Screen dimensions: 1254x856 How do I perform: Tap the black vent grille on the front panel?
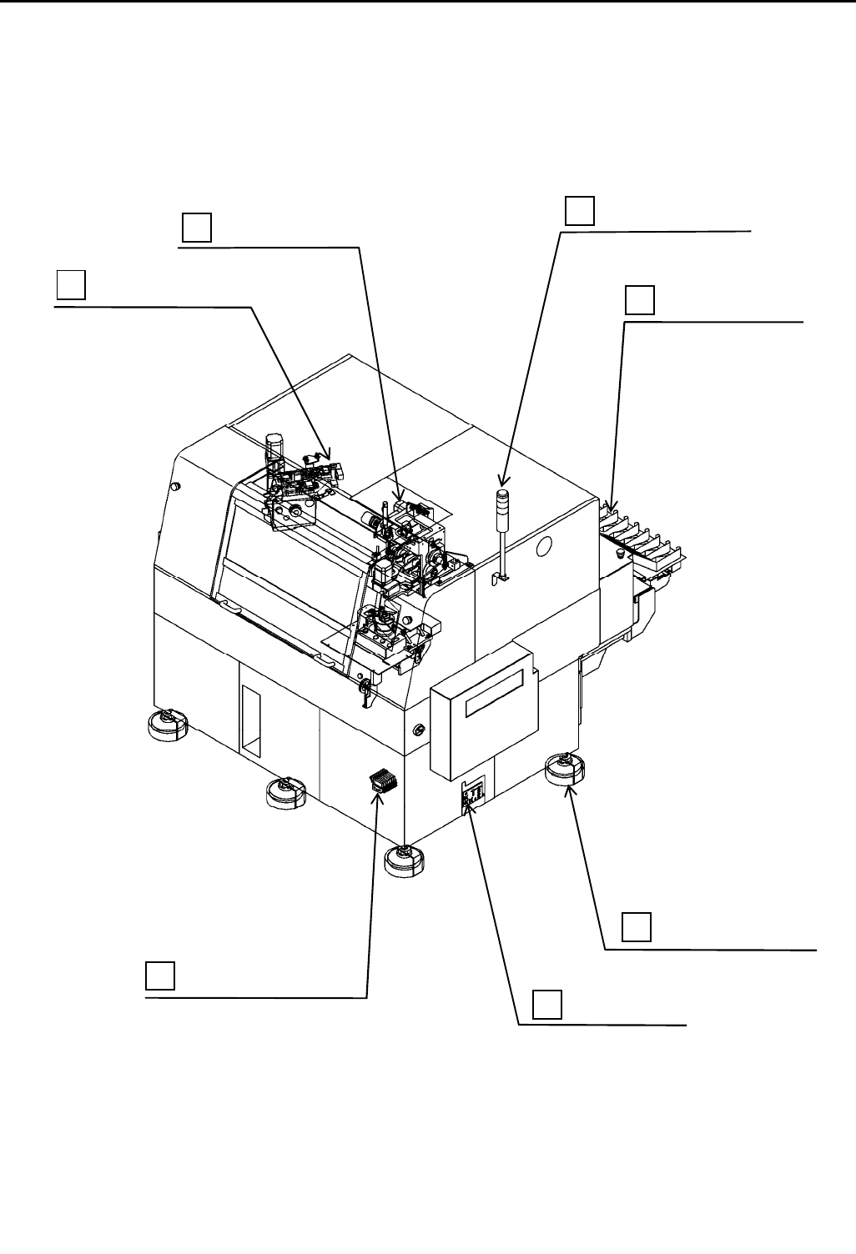click(x=380, y=783)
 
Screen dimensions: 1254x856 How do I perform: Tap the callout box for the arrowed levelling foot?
click(x=637, y=928)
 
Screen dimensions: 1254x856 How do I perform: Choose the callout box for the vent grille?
click(x=160, y=976)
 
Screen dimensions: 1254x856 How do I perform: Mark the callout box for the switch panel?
click(x=547, y=1004)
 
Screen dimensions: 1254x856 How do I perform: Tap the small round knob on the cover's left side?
click(x=175, y=486)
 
